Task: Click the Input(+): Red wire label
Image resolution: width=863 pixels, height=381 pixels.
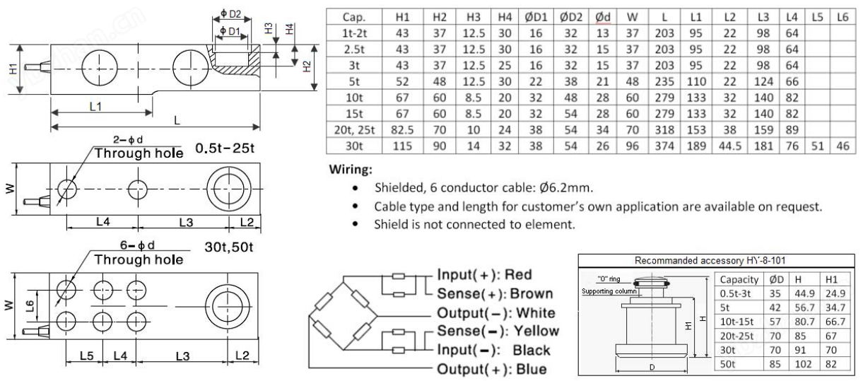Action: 484,274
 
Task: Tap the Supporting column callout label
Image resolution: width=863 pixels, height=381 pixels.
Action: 606,291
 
